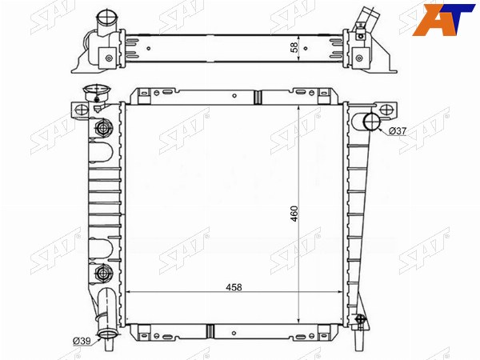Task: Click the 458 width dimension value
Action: [234, 287]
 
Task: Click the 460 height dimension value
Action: [294, 214]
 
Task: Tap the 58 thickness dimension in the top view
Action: [294, 47]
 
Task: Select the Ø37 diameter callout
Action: [398, 131]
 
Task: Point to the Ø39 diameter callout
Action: [82, 341]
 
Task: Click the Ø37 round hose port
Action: [372, 122]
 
